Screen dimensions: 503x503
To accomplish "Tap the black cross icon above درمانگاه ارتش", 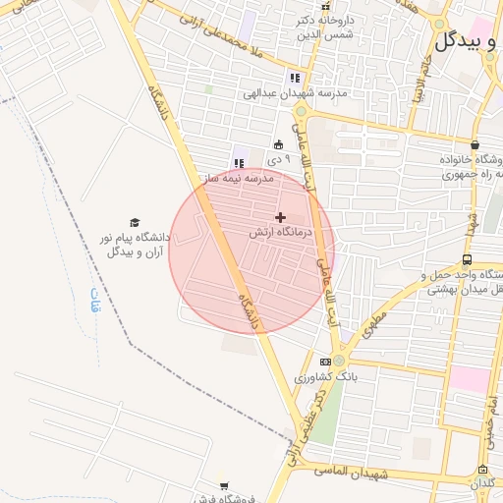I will (281, 217).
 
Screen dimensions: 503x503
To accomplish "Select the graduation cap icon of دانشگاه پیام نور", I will (135, 223).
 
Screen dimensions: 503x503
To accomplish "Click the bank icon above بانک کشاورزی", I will (326, 362).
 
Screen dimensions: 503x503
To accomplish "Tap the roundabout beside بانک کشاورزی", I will (339, 361).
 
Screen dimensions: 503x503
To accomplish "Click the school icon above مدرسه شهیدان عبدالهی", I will (294, 79).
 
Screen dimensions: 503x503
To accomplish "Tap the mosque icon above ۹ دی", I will (278, 143).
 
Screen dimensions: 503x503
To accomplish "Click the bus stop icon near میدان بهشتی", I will (466, 260).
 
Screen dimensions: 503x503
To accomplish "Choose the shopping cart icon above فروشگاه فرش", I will (224, 485).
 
